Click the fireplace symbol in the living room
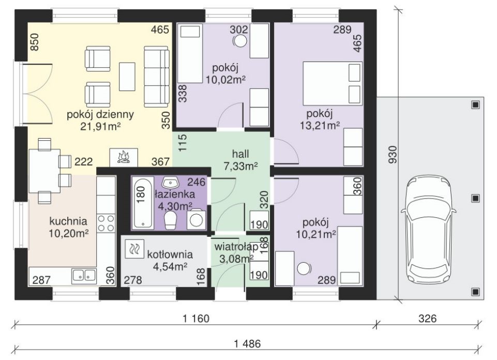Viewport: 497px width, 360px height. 124,157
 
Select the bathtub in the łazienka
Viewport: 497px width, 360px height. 142,203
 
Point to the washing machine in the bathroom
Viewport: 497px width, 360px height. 196,219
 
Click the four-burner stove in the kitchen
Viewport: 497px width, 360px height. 106,223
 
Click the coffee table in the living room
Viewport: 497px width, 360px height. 127,77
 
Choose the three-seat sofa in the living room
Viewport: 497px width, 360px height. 156,77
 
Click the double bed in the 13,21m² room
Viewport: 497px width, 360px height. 333,83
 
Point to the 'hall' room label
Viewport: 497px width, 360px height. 240,154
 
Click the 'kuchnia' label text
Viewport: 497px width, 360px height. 68,221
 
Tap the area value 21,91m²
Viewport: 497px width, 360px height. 100,126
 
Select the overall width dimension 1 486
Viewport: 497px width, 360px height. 248,343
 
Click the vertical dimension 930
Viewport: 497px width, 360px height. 393,154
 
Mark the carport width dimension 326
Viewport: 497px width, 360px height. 428,318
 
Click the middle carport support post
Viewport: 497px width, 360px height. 475,199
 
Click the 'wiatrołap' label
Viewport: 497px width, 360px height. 236,247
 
